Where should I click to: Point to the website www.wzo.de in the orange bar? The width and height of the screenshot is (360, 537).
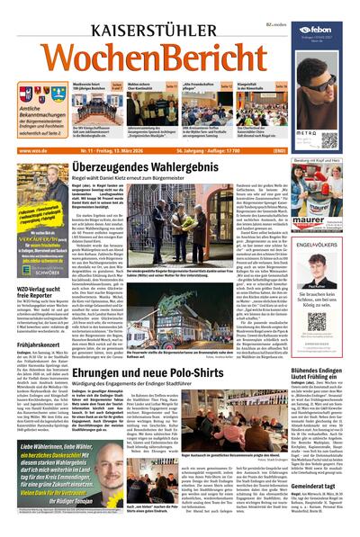pyautogui.click(x=32, y=150)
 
